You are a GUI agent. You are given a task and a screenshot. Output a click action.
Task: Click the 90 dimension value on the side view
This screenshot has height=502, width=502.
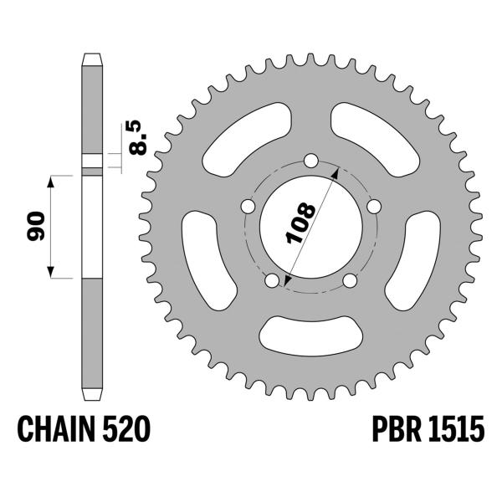35,227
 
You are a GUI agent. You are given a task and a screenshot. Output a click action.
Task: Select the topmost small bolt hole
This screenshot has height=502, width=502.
311,160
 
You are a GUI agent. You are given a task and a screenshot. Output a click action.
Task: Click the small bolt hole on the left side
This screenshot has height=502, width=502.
248,206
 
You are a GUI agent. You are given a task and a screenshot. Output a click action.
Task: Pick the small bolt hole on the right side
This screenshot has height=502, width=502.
375,206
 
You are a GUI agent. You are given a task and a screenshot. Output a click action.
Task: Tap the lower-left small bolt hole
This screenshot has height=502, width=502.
272,280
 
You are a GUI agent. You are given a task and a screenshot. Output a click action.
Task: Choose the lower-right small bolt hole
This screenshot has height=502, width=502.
351,280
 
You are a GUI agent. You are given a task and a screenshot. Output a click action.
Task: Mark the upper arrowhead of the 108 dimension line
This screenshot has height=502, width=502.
336,170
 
